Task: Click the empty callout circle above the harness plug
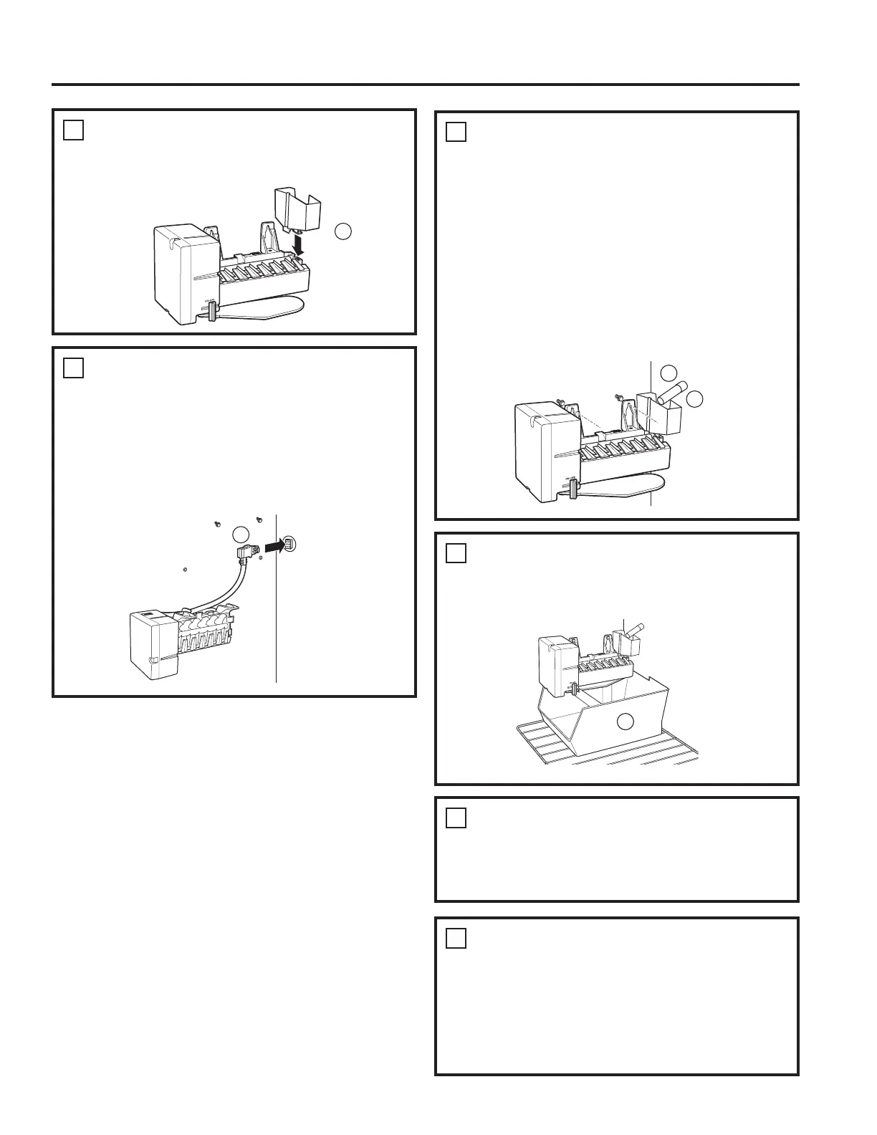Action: click(241, 533)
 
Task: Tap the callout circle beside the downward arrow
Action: click(343, 231)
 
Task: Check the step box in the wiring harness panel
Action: click(73, 368)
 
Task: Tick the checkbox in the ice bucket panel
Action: click(456, 553)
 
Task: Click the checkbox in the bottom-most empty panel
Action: click(456, 938)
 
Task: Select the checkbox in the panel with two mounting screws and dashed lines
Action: click(456, 132)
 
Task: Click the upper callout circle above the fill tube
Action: click(668, 373)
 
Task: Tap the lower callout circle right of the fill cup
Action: click(694, 399)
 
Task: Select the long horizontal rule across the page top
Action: click(426, 85)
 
